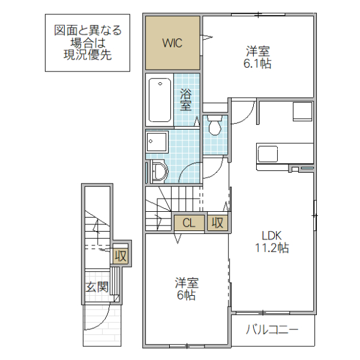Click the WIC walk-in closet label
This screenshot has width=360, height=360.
(171, 43)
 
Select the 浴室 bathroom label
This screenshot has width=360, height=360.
(186, 100)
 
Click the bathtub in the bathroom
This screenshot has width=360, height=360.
(160, 100)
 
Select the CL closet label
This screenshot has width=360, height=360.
(188, 223)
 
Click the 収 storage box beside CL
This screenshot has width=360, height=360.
(217, 223)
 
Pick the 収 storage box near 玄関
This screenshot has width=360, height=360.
(121, 256)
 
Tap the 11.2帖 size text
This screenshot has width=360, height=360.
(272, 247)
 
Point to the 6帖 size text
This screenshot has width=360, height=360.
(186, 295)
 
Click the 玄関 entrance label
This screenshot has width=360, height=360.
(97, 287)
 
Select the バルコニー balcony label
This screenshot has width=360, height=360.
(272, 329)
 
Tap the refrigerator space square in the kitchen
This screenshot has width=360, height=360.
(302, 112)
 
